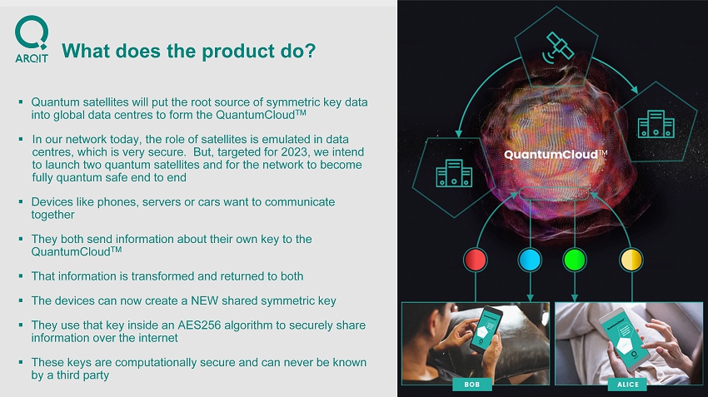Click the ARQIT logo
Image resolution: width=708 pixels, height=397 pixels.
click(31, 39)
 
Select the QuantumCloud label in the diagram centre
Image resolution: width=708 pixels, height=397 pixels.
click(556, 155)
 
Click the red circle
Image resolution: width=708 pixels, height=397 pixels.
click(475, 260)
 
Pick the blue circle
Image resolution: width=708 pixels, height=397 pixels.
click(530, 260)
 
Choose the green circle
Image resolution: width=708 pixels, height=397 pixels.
click(575, 260)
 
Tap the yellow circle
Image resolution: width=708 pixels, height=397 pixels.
click(631, 260)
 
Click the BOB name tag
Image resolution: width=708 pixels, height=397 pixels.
click(471, 385)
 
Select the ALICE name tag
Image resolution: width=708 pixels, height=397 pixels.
click(628, 385)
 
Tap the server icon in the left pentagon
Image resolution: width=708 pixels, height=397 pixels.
click(454, 173)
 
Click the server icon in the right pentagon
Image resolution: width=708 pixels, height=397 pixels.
click(656, 124)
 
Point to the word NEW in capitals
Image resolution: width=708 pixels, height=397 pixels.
click(205, 301)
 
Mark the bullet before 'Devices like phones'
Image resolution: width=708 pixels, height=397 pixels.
click(21, 201)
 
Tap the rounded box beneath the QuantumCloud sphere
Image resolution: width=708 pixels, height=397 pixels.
click(554, 194)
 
